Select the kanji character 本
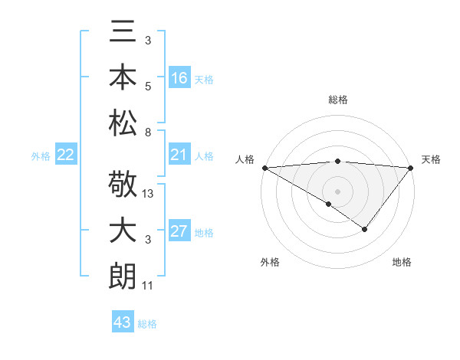click(x=123, y=77)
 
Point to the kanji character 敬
click(x=123, y=186)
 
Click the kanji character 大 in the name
click(x=123, y=231)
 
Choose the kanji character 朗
click(x=123, y=275)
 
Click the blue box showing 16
click(x=179, y=77)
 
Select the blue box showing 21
click(x=179, y=155)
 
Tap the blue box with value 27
click(x=179, y=232)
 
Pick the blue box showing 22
click(x=66, y=155)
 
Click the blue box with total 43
click(x=123, y=322)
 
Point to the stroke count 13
click(x=149, y=195)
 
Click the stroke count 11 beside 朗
click(x=149, y=285)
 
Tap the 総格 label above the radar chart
click(x=337, y=100)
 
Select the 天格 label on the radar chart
click(x=431, y=159)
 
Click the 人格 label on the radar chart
click(x=245, y=159)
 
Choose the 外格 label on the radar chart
click(x=269, y=262)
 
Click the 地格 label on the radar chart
click(x=402, y=262)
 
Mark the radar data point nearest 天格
click(x=412, y=168)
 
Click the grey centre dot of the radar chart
click(x=337, y=190)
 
